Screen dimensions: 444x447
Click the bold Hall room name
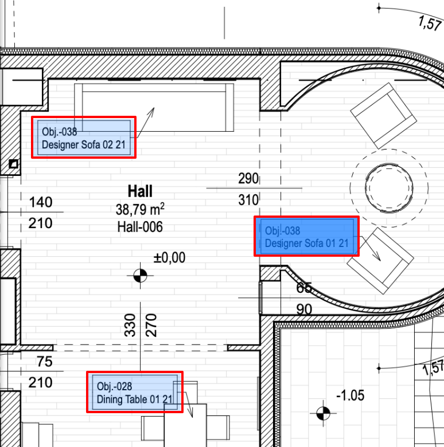click(x=140, y=191)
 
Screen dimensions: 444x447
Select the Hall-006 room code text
click(x=140, y=227)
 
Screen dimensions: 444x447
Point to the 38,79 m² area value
click(x=140, y=209)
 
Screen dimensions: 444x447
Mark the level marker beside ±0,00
click(x=140, y=276)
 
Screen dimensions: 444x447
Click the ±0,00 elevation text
click(x=169, y=257)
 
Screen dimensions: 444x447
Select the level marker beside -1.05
click(x=323, y=413)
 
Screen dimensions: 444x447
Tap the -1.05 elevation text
click(x=350, y=395)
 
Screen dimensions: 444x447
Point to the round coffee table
click(x=389, y=188)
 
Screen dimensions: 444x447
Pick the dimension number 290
click(x=248, y=178)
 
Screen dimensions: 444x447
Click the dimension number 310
click(x=248, y=200)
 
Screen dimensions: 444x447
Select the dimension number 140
click(x=41, y=202)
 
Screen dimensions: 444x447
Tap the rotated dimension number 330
click(x=130, y=326)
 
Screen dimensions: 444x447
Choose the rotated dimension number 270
click(x=151, y=326)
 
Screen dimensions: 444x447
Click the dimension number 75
click(x=45, y=362)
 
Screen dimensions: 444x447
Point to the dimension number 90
click(x=304, y=309)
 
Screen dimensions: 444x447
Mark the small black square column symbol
click(x=13, y=164)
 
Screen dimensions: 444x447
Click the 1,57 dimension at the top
click(x=430, y=23)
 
